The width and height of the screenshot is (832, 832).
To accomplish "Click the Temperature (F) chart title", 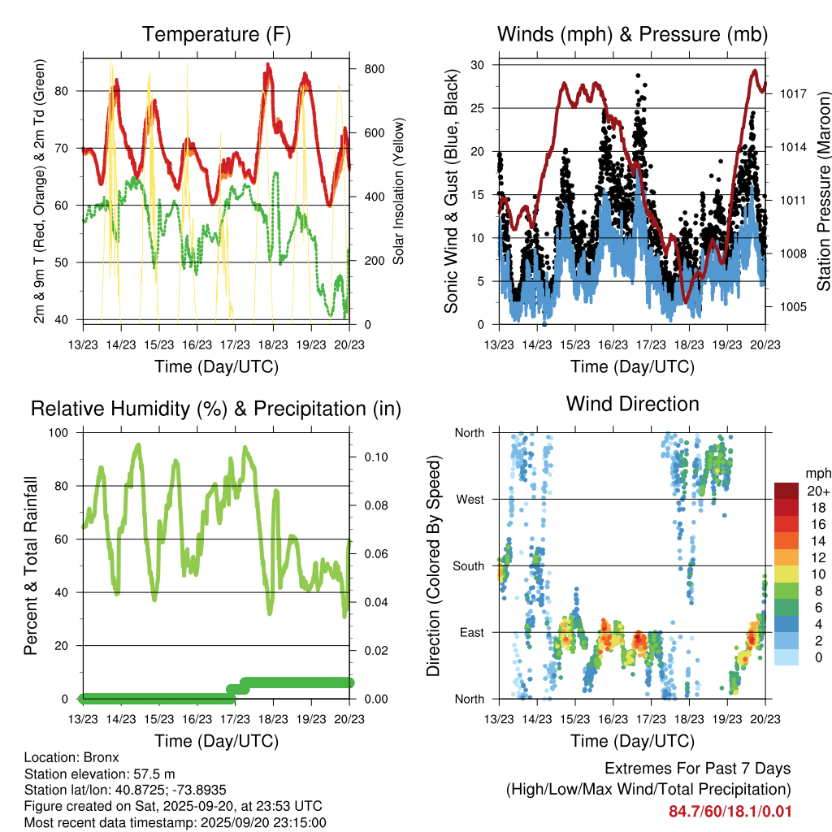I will (x=216, y=35).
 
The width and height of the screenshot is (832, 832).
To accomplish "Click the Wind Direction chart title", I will (x=632, y=404).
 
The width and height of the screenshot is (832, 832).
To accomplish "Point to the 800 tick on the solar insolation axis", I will (x=373, y=69).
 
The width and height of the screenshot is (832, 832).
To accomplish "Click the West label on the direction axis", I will (x=470, y=500).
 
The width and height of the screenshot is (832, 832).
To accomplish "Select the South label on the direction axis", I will (x=469, y=566).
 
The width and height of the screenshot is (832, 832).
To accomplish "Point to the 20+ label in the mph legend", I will (x=817, y=492).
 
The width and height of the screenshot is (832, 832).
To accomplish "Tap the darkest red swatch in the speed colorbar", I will (x=786, y=491).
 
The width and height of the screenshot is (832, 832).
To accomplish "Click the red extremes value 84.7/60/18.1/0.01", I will (x=730, y=811).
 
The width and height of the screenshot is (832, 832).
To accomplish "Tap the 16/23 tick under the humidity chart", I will (x=197, y=719).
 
